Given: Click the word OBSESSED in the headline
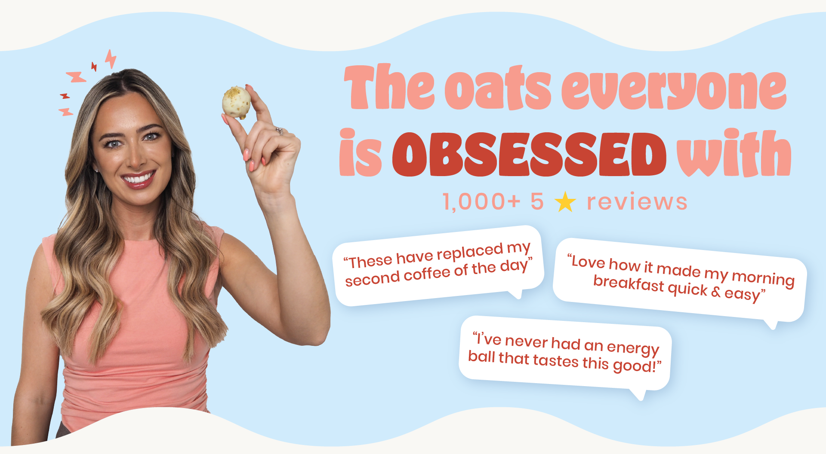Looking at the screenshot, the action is pyautogui.click(x=529, y=155).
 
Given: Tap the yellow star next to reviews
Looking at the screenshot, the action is pyautogui.click(x=565, y=202).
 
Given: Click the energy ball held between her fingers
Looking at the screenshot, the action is pyautogui.click(x=236, y=103).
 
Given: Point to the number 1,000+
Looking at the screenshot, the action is pyautogui.click(x=481, y=202).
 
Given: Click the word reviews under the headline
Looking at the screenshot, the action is pyautogui.click(x=637, y=202).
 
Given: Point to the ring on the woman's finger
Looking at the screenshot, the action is pyautogui.click(x=280, y=131).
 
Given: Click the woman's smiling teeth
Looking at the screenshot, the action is pyautogui.click(x=139, y=178).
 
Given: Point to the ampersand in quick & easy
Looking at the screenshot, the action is pyautogui.click(x=715, y=292).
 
